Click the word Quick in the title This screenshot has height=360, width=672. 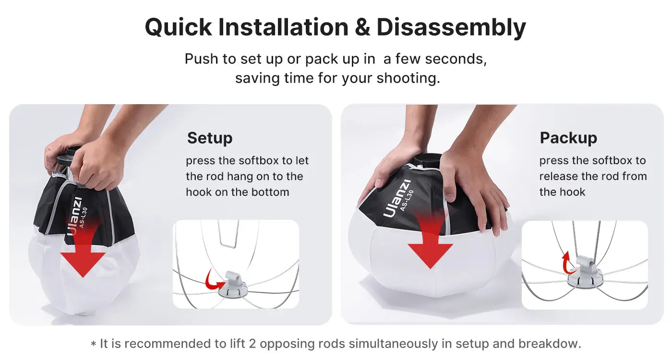(x=179, y=28)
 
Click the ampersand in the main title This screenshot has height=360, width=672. (x=362, y=27)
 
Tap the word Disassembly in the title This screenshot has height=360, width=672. (x=451, y=28)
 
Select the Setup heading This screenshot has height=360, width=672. (x=210, y=138)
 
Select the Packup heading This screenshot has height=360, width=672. (x=568, y=138)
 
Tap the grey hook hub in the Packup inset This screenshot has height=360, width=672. (x=585, y=272)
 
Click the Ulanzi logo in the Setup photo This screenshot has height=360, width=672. (x=74, y=216)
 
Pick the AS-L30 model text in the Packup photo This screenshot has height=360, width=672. (x=407, y=201)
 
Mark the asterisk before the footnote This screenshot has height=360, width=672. (x=93, y=344)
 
